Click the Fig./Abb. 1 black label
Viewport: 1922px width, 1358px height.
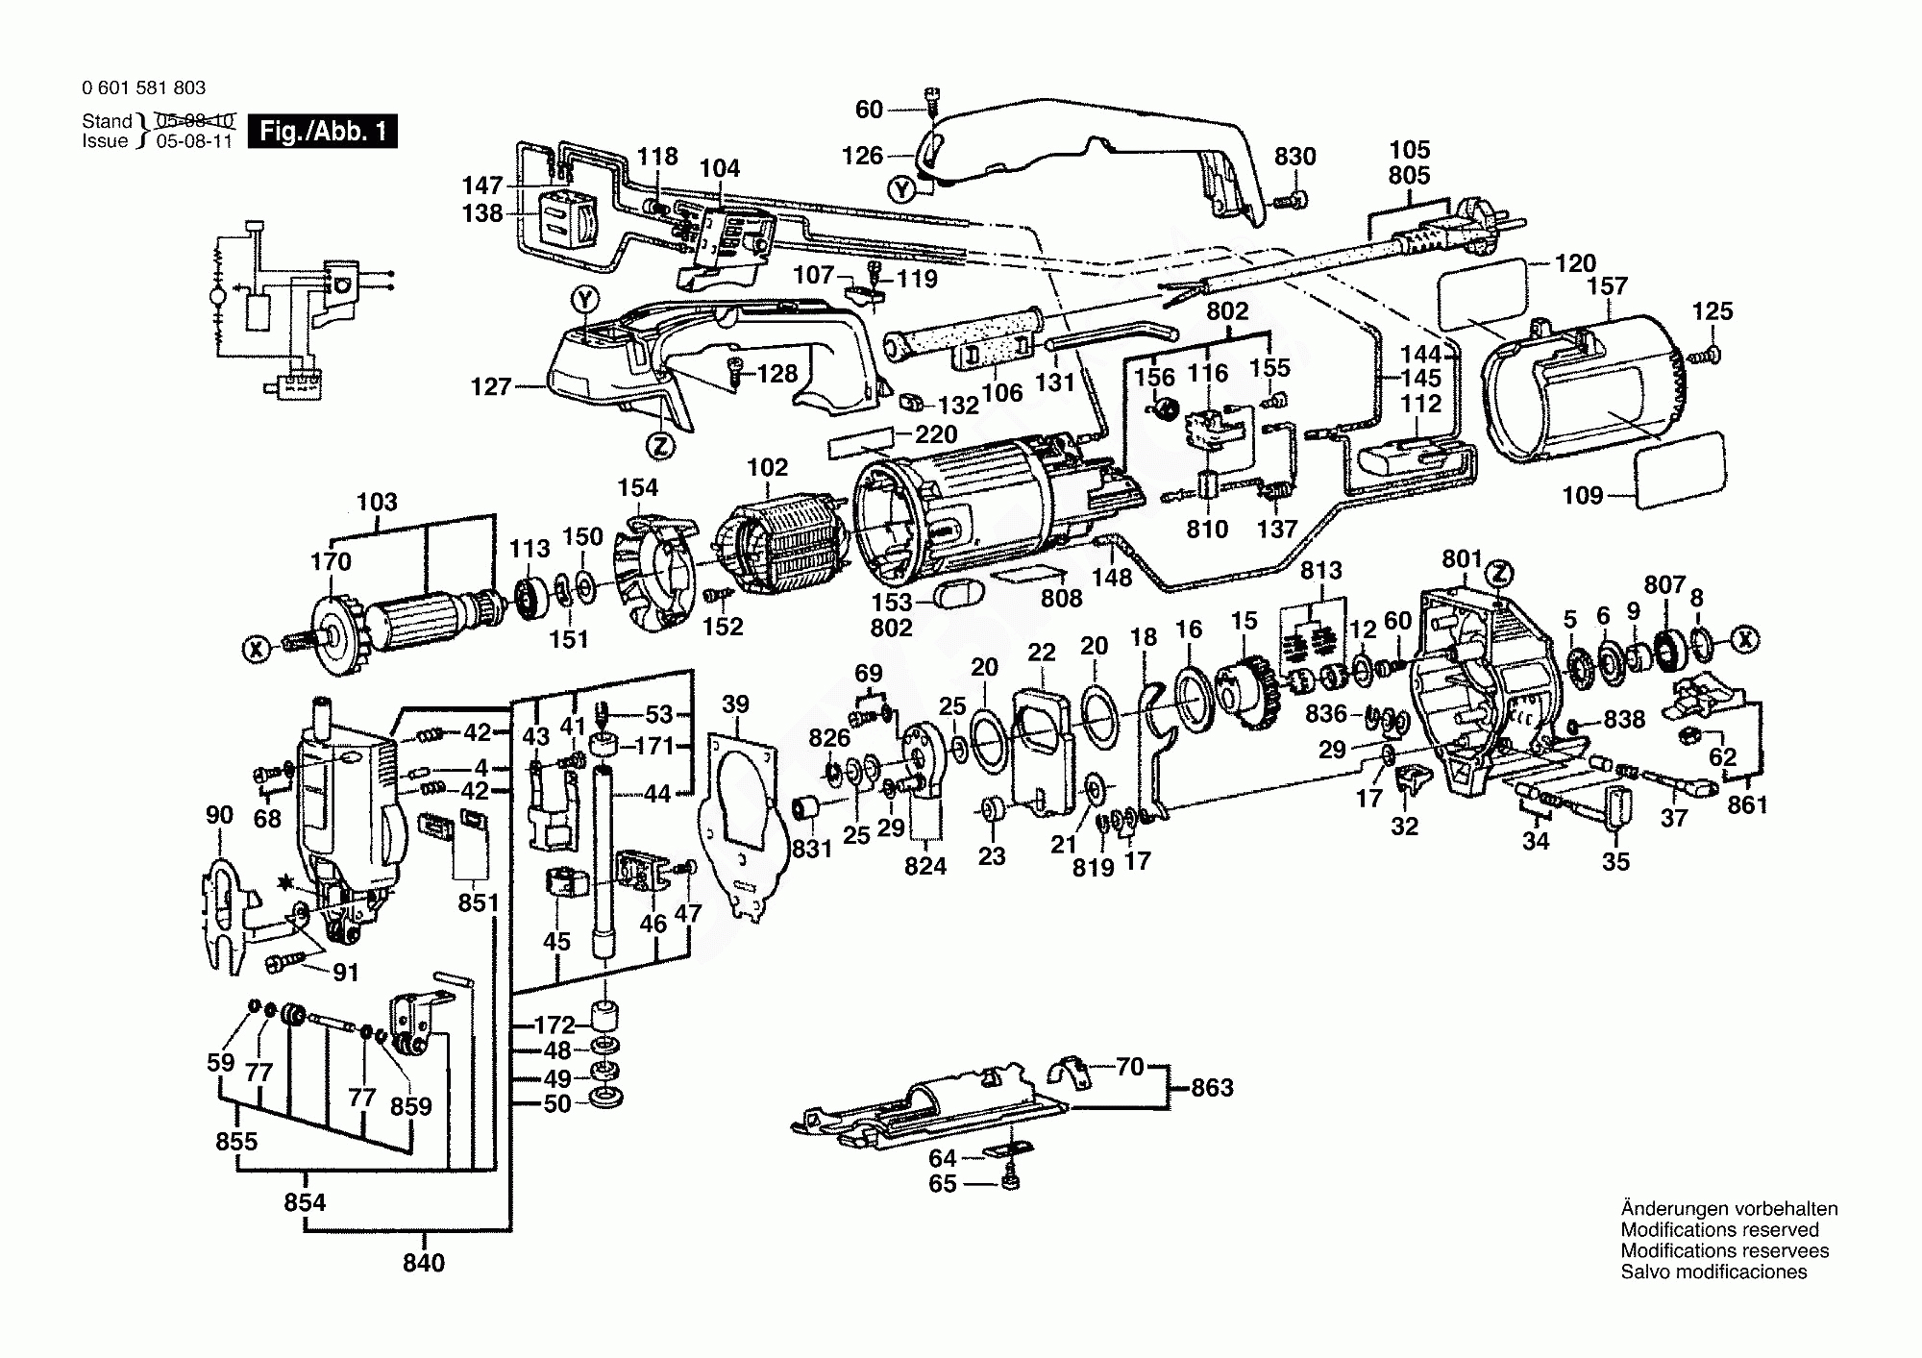pyautogui.click(x=323, y=131)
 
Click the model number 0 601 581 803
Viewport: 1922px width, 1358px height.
pyautogui.click(x=144, y=87)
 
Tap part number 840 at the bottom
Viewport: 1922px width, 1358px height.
pyautogui.click(x=424, y=1262)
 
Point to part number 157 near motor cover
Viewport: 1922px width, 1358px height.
pyautogui.click(x=1608, y=285)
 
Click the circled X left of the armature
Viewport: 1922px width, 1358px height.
pyautogui.click(x=256, y=650)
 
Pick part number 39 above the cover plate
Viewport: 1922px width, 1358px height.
pyautogui.click(x=735, y=704)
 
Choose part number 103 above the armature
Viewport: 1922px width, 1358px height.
pyautogui.click(x=377, y=502)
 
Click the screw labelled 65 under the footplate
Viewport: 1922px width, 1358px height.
pyautogui.click(x=1009, y=1181)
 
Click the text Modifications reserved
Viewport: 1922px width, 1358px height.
pyautogui.click(x=1719, y=1229)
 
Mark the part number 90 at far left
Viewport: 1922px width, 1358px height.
pyautogui.click(x=219, y=815)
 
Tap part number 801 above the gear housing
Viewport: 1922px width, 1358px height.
pyautogui.click(x=1463, y=559)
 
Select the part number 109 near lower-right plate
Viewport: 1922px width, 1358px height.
pyautogui.click(x=1583, y=495)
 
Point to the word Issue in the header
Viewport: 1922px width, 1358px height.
pyautogui.click(x=105, y=141)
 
